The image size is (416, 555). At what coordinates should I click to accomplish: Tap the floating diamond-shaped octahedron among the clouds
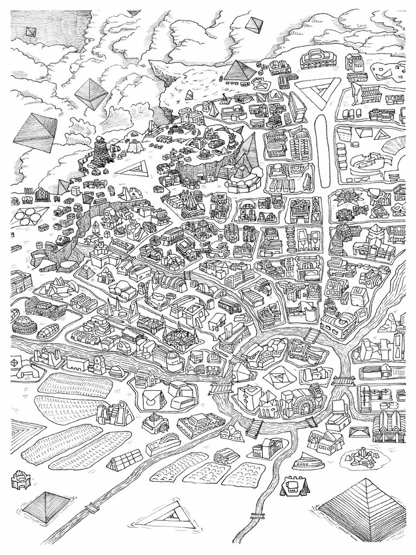91,94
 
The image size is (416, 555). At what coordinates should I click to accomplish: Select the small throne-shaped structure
20,480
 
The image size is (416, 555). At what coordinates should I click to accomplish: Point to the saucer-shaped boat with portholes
307,461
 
